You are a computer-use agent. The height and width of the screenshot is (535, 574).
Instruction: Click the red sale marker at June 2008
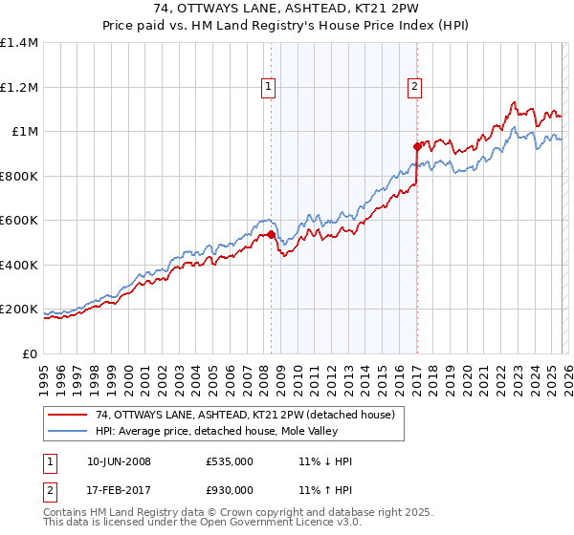click(x=271, y=234)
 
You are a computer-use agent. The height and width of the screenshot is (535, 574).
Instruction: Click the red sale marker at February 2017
click(x=417, y=146)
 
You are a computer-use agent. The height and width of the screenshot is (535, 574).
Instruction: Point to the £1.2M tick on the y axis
click(x=19, y=87)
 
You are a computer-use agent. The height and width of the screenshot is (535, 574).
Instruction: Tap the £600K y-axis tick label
click(x=19, y=221)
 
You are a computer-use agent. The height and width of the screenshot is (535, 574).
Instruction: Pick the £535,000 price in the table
click(x=230, y=461)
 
